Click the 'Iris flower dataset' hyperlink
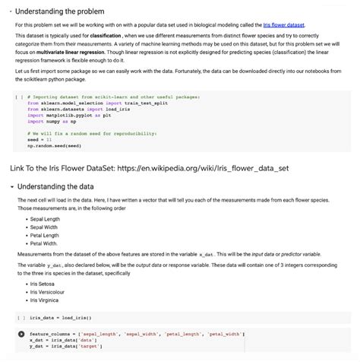click(x=283, y=25)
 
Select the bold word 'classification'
click(x=112, y=36)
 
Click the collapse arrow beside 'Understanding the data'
click(x=11, y=186)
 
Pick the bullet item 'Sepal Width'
click(x=44, y=227)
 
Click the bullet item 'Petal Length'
click(x=44, y=235)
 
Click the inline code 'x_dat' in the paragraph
click(x=206, y=253)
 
